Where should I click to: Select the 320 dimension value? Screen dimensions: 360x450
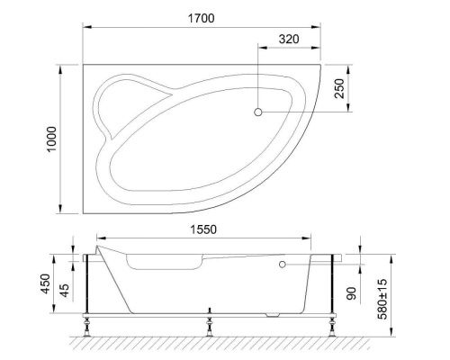coord(288,39)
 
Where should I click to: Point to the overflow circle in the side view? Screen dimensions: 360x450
coord(283,265)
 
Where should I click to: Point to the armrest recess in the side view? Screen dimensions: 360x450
coord(166,263)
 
